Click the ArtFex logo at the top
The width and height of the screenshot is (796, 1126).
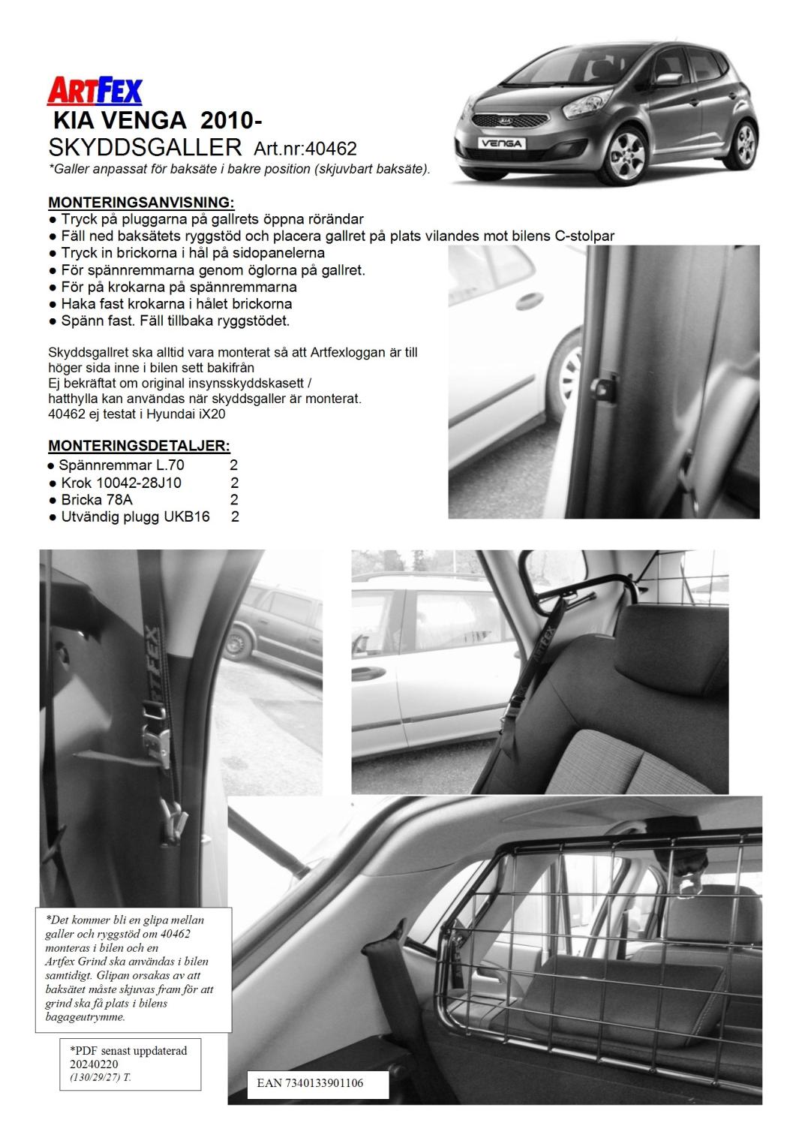pyautogui.click(x=95, y=91)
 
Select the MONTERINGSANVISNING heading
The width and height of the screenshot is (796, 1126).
pyautogui.click(x=141, y=203)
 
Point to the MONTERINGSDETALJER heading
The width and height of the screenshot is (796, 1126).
pyautogui.click(x=139, y=446)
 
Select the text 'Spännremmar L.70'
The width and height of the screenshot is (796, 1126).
pyautogui.click(x=121, y=465)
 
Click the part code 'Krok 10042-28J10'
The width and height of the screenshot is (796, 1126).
pyautogui.click(x=121, y=483)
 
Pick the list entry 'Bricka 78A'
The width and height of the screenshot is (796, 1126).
pyautogui.click(x=98, y=500)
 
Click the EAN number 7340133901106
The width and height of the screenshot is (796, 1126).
pyautogui.click(x=310, y=1083)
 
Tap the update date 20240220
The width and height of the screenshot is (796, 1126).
pyautogui.click(x=95, y=1064)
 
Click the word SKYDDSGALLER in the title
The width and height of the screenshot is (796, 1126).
pyautogui.click(x=145, y=146)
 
